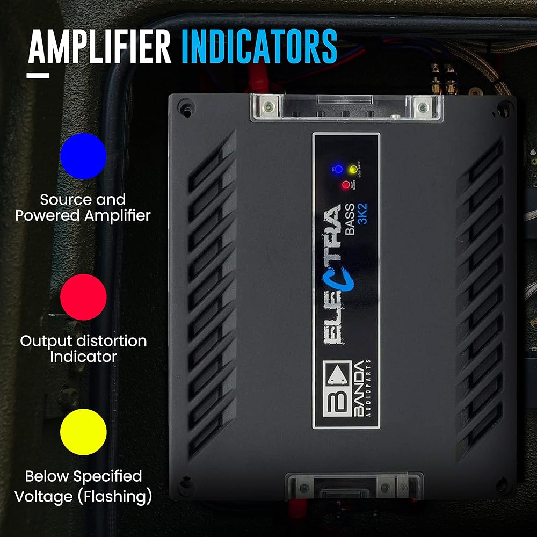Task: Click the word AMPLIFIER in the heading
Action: click(100, 47)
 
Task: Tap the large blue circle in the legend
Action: click(83, 156)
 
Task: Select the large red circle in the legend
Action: click(83, 297)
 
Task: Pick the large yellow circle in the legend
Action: click(83, 432)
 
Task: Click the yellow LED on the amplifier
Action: click(353, 170)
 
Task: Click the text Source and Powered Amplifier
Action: click(83, 208)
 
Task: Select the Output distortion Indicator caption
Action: click(83, 349)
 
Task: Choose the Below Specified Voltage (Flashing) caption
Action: click(83, 486)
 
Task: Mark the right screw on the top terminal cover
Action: click(423, 108)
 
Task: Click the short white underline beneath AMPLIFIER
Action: click(38, 76)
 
